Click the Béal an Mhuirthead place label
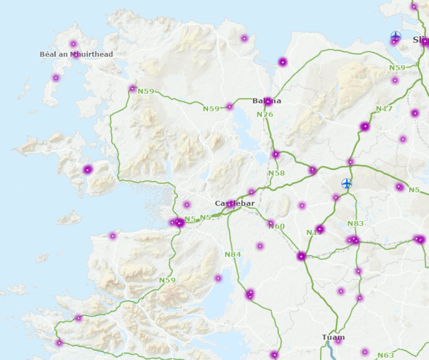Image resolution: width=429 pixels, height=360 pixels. click(x=76, y=54)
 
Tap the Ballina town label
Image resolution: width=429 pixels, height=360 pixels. click(x=267, y=101)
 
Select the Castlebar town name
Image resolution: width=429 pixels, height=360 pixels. click(x=234, y=203)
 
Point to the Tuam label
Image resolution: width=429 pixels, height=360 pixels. click(x=333, y=337)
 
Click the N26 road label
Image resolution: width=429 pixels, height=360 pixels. click(x=265, y=114)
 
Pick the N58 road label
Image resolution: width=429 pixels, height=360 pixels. click(x=276, y=173)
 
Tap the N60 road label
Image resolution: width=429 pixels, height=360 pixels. click(x=277, y=226)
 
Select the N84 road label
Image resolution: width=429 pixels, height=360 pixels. click(x=233, y=255)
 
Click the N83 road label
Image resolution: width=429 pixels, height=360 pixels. click(x=355, y=223)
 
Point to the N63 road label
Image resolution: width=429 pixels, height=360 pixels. click(x=386, y=355)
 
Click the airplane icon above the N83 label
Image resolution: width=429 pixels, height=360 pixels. click(x=347, y=184)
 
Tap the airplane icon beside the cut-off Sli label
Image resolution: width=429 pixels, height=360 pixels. click(x=396, y=36)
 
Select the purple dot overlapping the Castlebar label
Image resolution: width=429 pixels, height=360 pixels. click(x=231, y=204)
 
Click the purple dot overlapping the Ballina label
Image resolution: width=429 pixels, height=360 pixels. click(x=269, y=102)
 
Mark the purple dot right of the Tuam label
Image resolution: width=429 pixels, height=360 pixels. click(x=338, y=341)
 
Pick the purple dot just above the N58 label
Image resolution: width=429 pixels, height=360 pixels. click(x=276, y=154)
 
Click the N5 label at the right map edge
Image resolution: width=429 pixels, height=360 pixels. click(x=414, y=190)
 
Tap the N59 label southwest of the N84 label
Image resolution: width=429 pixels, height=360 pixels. click(x=167, y=280)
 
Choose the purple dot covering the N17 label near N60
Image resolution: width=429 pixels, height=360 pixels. click(x=320, y=229)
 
